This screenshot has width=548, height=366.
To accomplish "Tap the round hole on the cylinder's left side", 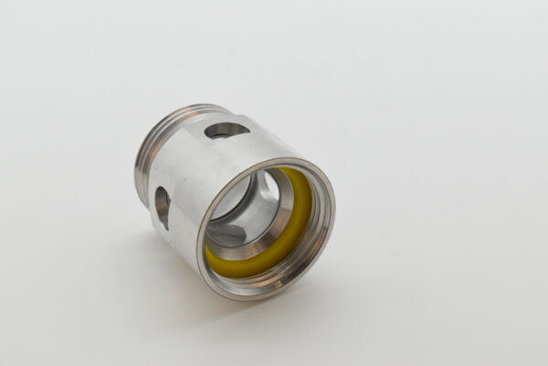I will point(163,207).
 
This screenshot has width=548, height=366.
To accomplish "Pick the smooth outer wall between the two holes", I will point(187,169).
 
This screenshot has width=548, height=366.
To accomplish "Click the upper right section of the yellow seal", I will point(306,188).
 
